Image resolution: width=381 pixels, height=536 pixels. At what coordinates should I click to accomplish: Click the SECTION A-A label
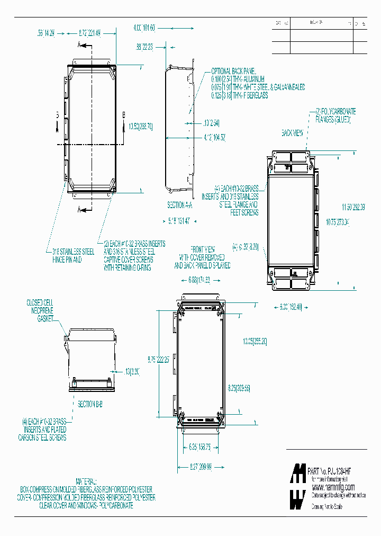[x=179, y=204]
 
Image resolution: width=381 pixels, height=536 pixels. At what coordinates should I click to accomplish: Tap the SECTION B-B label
[x=90, y=404]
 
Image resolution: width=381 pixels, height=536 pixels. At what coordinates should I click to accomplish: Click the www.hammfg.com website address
[x=333, y=487]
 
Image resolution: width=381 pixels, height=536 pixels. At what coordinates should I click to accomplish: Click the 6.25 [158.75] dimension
[x=201, y=447]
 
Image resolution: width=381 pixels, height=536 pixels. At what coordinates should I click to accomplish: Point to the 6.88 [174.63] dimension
[x=199, y=280]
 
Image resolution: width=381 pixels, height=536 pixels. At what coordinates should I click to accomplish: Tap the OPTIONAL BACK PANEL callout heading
[x=233, y=71]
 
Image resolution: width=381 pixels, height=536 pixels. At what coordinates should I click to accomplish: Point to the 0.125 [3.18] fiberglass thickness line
[x=240, y=95]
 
